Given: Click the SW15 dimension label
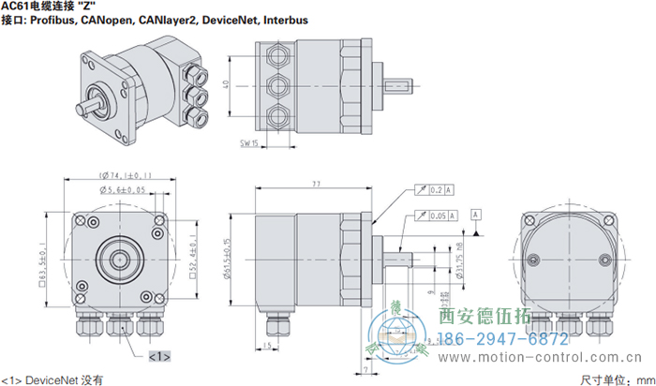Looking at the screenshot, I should (249, 142).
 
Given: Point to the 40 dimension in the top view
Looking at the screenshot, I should (225, 84).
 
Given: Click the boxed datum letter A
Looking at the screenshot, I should (477, 215).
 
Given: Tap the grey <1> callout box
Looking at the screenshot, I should (158, 355).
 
